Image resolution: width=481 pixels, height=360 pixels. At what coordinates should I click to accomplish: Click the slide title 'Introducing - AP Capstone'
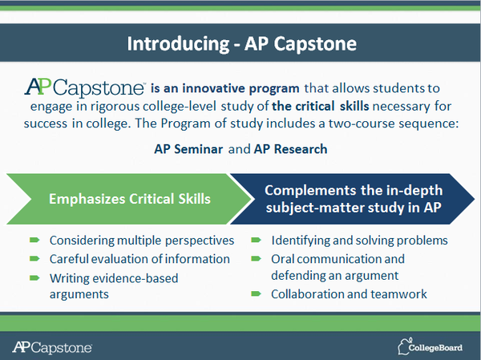coord(240,42)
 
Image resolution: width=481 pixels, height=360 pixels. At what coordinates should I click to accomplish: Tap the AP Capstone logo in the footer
coord(53,346)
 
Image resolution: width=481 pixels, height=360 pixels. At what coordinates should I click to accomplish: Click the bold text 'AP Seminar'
coord(188,150)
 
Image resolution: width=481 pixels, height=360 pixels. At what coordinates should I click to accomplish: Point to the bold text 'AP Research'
coord(269,150)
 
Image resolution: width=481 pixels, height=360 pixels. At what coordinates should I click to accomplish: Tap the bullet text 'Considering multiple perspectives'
coord(142,240)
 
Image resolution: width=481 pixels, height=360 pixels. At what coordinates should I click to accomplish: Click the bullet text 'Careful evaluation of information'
coord(139,259)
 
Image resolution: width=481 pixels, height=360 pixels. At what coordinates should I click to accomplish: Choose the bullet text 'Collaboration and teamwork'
coord(349,294)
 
